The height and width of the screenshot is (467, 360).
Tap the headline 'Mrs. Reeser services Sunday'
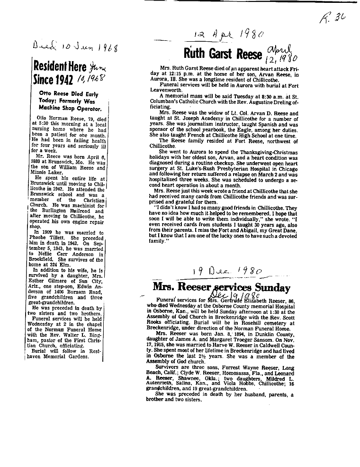coord(221,288)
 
